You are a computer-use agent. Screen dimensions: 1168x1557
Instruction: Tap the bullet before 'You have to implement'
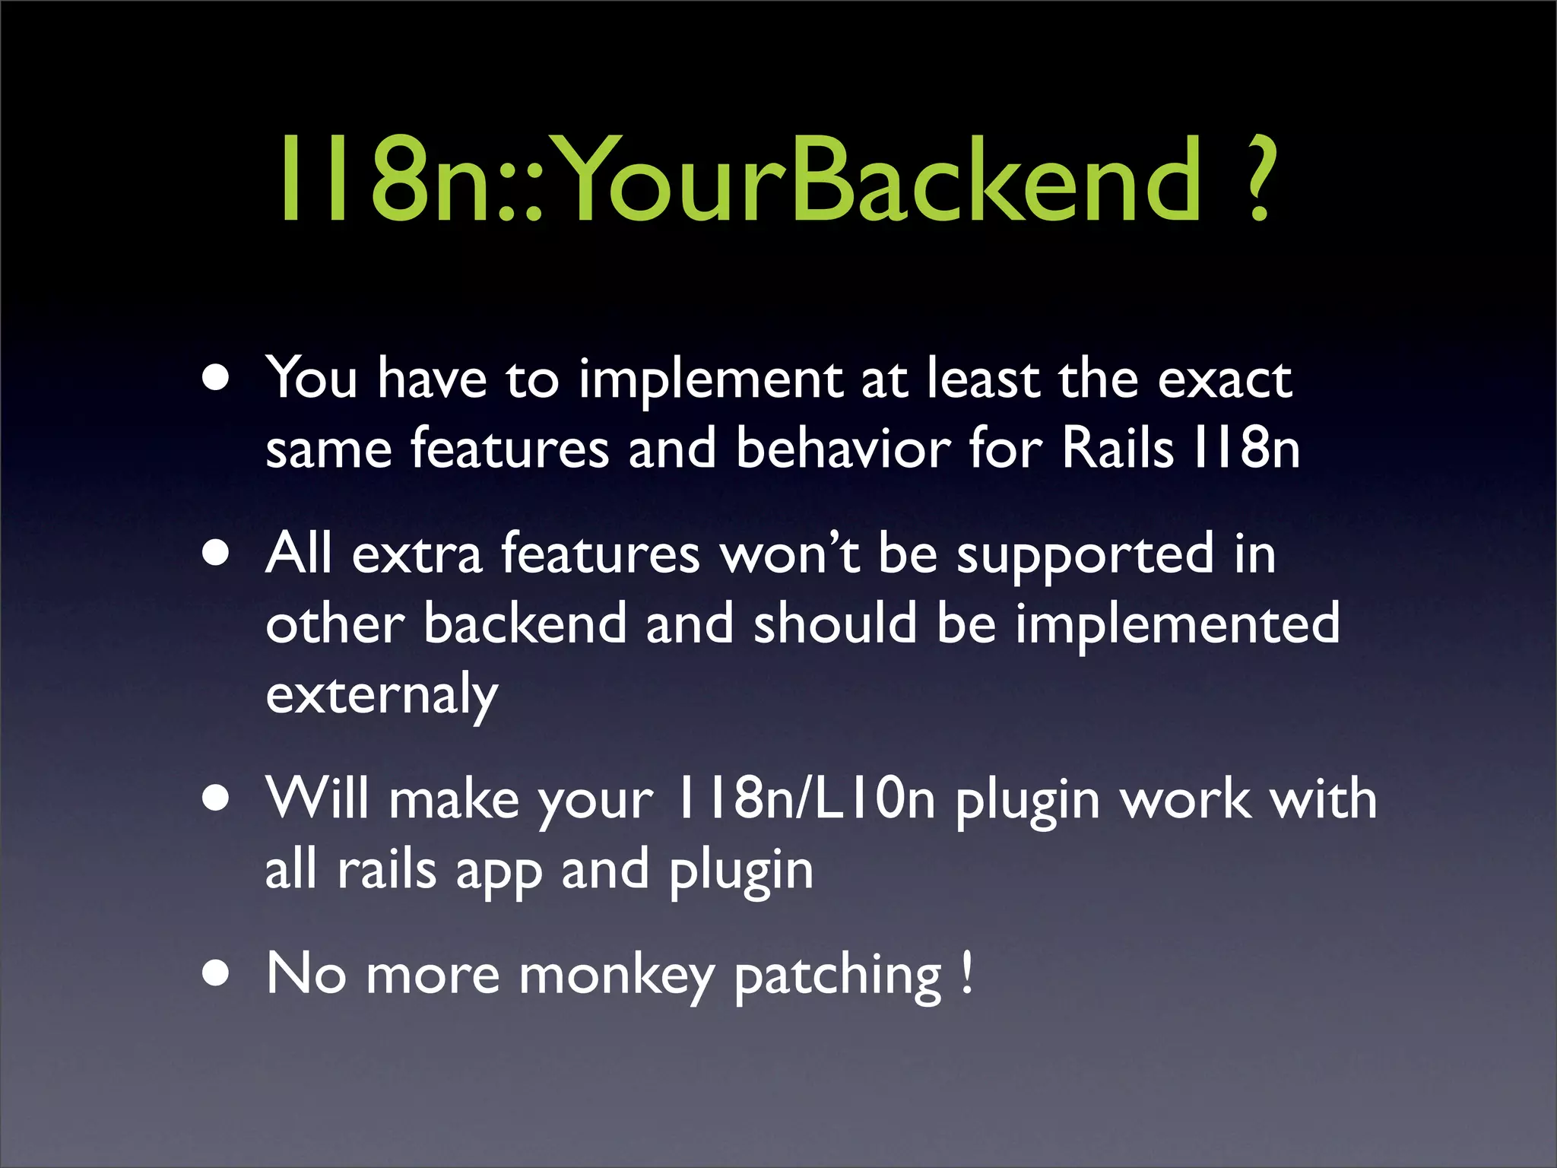point(217,378)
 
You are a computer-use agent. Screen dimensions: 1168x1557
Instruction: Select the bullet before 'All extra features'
point(217,554)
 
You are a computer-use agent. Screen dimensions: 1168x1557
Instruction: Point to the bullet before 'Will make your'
point(217,798)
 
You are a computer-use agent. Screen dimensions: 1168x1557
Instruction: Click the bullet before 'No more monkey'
point(217,973)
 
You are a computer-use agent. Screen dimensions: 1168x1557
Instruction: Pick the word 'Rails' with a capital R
point(1118,449)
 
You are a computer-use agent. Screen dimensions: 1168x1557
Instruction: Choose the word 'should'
point(835,624)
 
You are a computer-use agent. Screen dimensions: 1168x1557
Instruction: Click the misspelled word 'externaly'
point(382,695)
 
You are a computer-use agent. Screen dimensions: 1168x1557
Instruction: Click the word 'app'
point(499,871)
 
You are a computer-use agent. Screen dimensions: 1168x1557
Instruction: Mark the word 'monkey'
point(617,976)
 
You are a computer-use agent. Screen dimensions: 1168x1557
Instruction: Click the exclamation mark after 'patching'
point(966,972)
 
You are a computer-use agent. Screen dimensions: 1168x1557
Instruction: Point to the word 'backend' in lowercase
point(525,624)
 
